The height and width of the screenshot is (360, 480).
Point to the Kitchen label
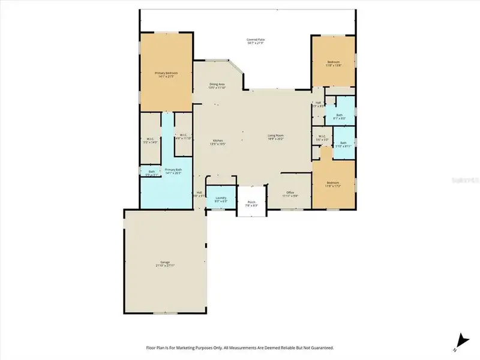[x=216, y=142]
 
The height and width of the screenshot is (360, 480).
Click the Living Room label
[x=275, y=137]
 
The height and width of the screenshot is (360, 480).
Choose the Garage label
[x=165, y=263]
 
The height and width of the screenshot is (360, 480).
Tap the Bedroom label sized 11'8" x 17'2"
[x=333, y=184]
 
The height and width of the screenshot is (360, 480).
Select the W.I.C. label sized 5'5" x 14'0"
[x=150, y=140]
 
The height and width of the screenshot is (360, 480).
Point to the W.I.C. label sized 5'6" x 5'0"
[x=322, y=137]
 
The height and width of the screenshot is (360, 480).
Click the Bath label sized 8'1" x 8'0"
[x=340, y=116]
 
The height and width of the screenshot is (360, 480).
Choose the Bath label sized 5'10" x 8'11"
[x=343, y=144]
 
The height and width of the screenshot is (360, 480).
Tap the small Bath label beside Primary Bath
[x=151, y=173]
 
